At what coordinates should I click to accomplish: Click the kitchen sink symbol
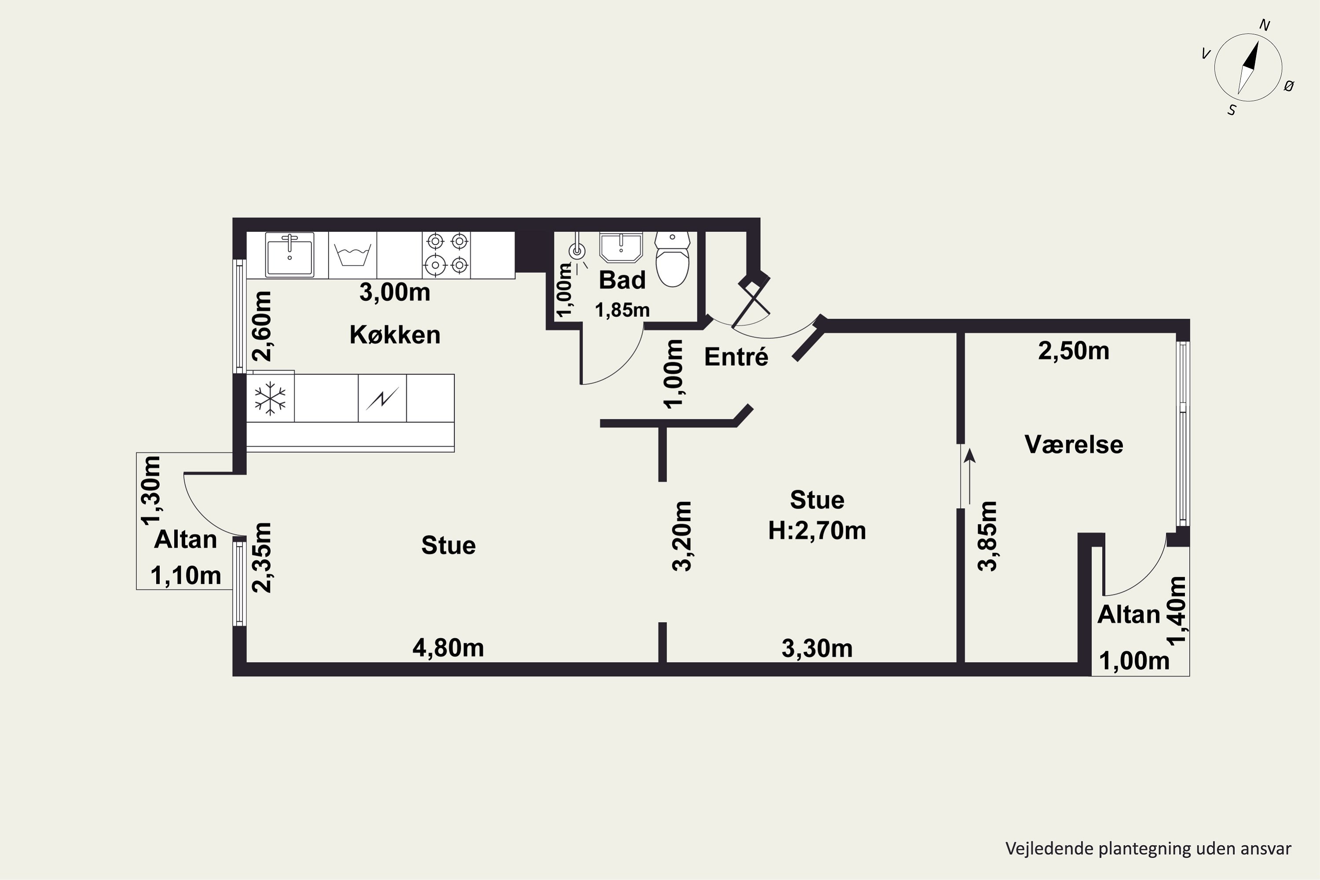289,255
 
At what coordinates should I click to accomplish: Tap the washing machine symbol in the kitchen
352,255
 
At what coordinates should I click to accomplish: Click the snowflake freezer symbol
270,399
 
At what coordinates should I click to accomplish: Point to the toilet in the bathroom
672,260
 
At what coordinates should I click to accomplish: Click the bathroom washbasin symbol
621,247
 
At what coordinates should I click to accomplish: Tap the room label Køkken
395,334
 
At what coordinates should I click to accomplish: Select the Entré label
736,356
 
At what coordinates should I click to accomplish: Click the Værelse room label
1074,444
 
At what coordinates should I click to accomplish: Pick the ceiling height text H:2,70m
817,530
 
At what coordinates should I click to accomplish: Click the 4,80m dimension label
448,648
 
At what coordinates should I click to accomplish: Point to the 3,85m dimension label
987,536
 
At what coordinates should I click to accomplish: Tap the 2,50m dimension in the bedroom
1073,351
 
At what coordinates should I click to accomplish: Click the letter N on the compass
1265,25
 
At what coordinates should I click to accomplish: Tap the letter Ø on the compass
1289,85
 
